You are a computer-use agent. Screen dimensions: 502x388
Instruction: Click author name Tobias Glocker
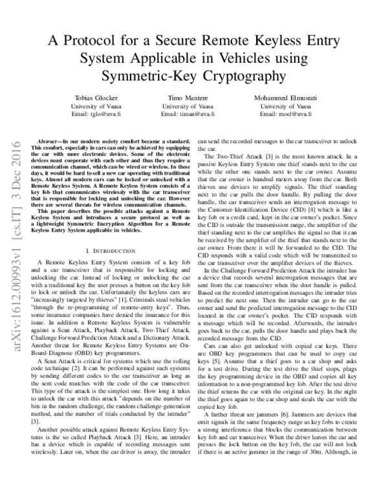[x=97, y=97]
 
